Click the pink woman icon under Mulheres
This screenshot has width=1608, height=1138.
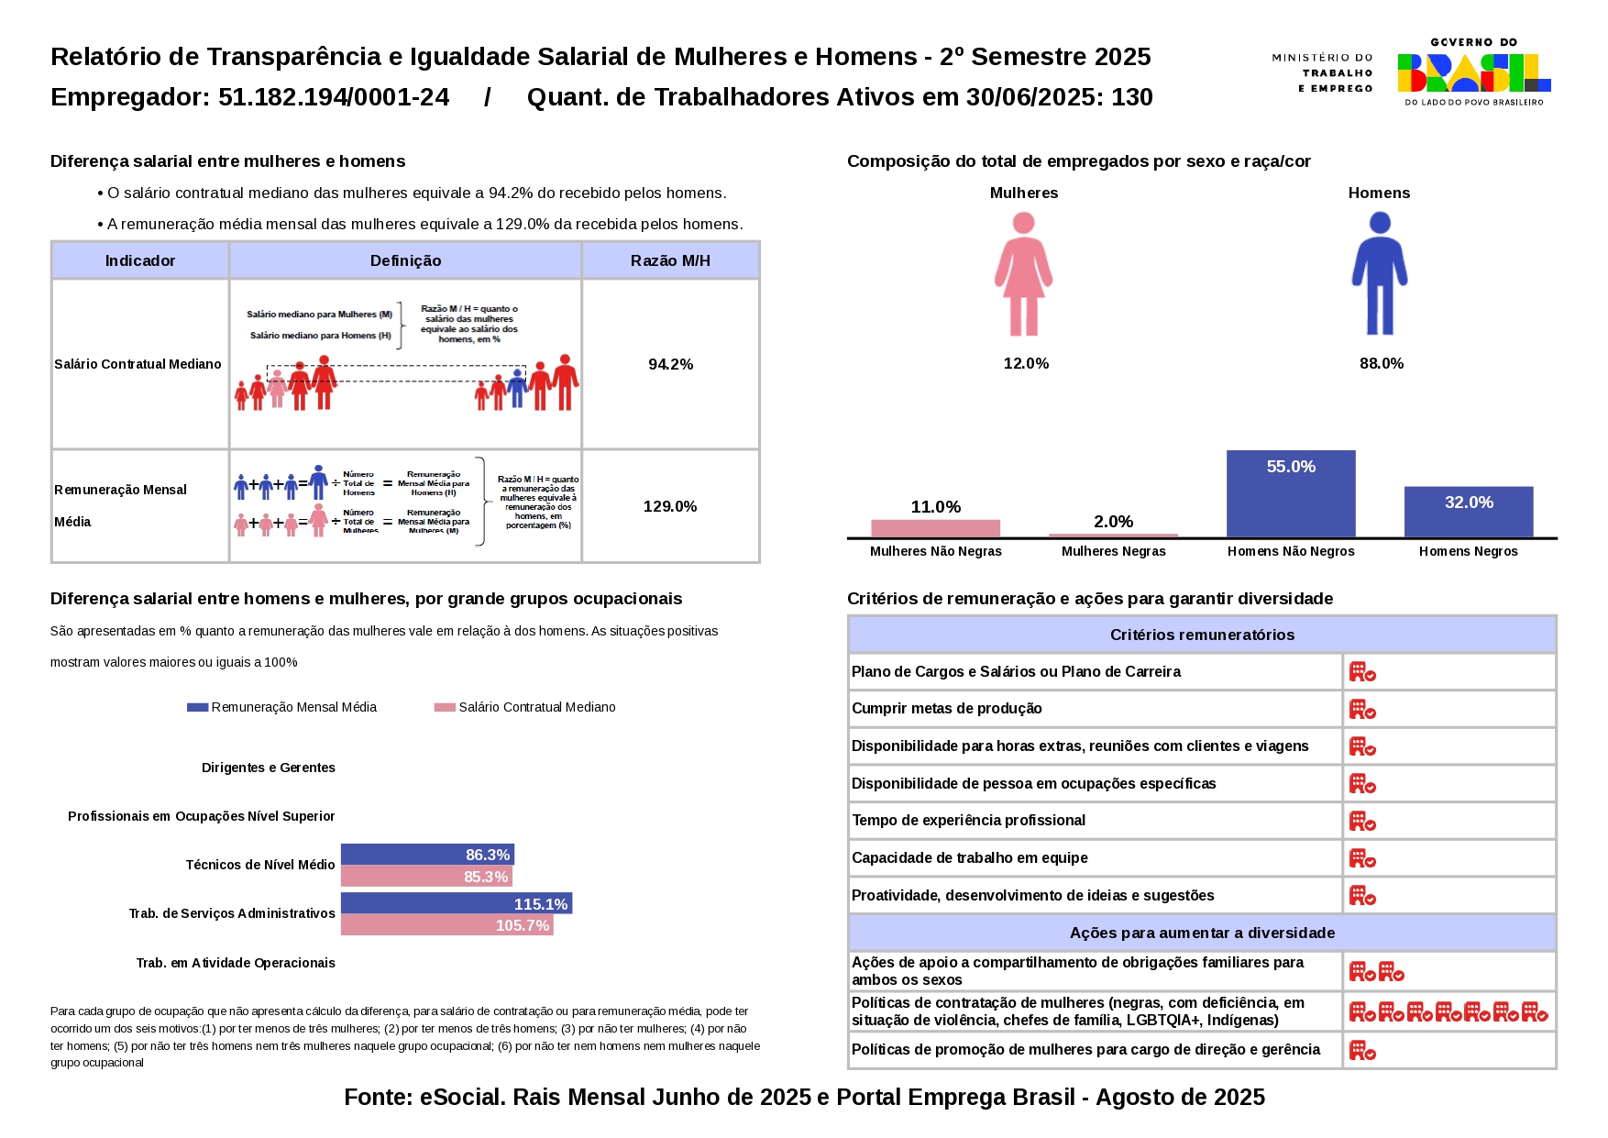pyautogui.click(x=1023, y=273)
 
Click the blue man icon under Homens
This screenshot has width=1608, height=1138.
pyautogui.click(x=1379, y=273)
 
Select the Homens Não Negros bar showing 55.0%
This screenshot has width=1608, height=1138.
pyautogui.click(x=1290, y=493)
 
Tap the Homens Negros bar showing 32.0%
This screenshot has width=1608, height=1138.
pyautogui.click(x=1468, y=512)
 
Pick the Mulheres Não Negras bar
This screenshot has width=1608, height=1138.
pyautogui.click(x=935, y=528)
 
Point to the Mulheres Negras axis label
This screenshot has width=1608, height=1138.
pyautogui.click(x=1113, y=551)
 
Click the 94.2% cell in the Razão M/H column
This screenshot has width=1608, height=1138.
pyautogui.click(x=670, y=364)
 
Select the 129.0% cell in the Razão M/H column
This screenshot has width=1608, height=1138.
pyautogui.click(x=670, y=506)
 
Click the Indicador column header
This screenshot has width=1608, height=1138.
pyautogui.click(x=139, y=260)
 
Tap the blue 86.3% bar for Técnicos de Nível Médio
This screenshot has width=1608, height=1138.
pyautogui.click(x=426, y=855)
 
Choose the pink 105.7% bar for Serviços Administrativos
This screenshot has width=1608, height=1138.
pyautogui.click(x=446, y=925)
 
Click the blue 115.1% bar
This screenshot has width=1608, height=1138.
pyautogui.click(x=456, y=904)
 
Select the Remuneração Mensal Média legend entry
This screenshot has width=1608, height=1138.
pyautogui.click(x=282, y=707)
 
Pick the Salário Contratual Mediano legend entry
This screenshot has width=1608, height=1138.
pyautogui.click(x=525, y=707)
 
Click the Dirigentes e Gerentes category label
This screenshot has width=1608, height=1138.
pyautogui.click(x=269, y=768)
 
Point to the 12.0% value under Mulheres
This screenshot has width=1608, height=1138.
pyautogui.click(x=1026, y=363)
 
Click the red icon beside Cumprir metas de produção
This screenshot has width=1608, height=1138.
pyautogui.click(x=1362, y=709)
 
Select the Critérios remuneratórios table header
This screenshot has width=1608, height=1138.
pyautogui.click(x=1202, y=635)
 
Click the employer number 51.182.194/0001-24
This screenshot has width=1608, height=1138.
pyautogui.click(x=334, y=97)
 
